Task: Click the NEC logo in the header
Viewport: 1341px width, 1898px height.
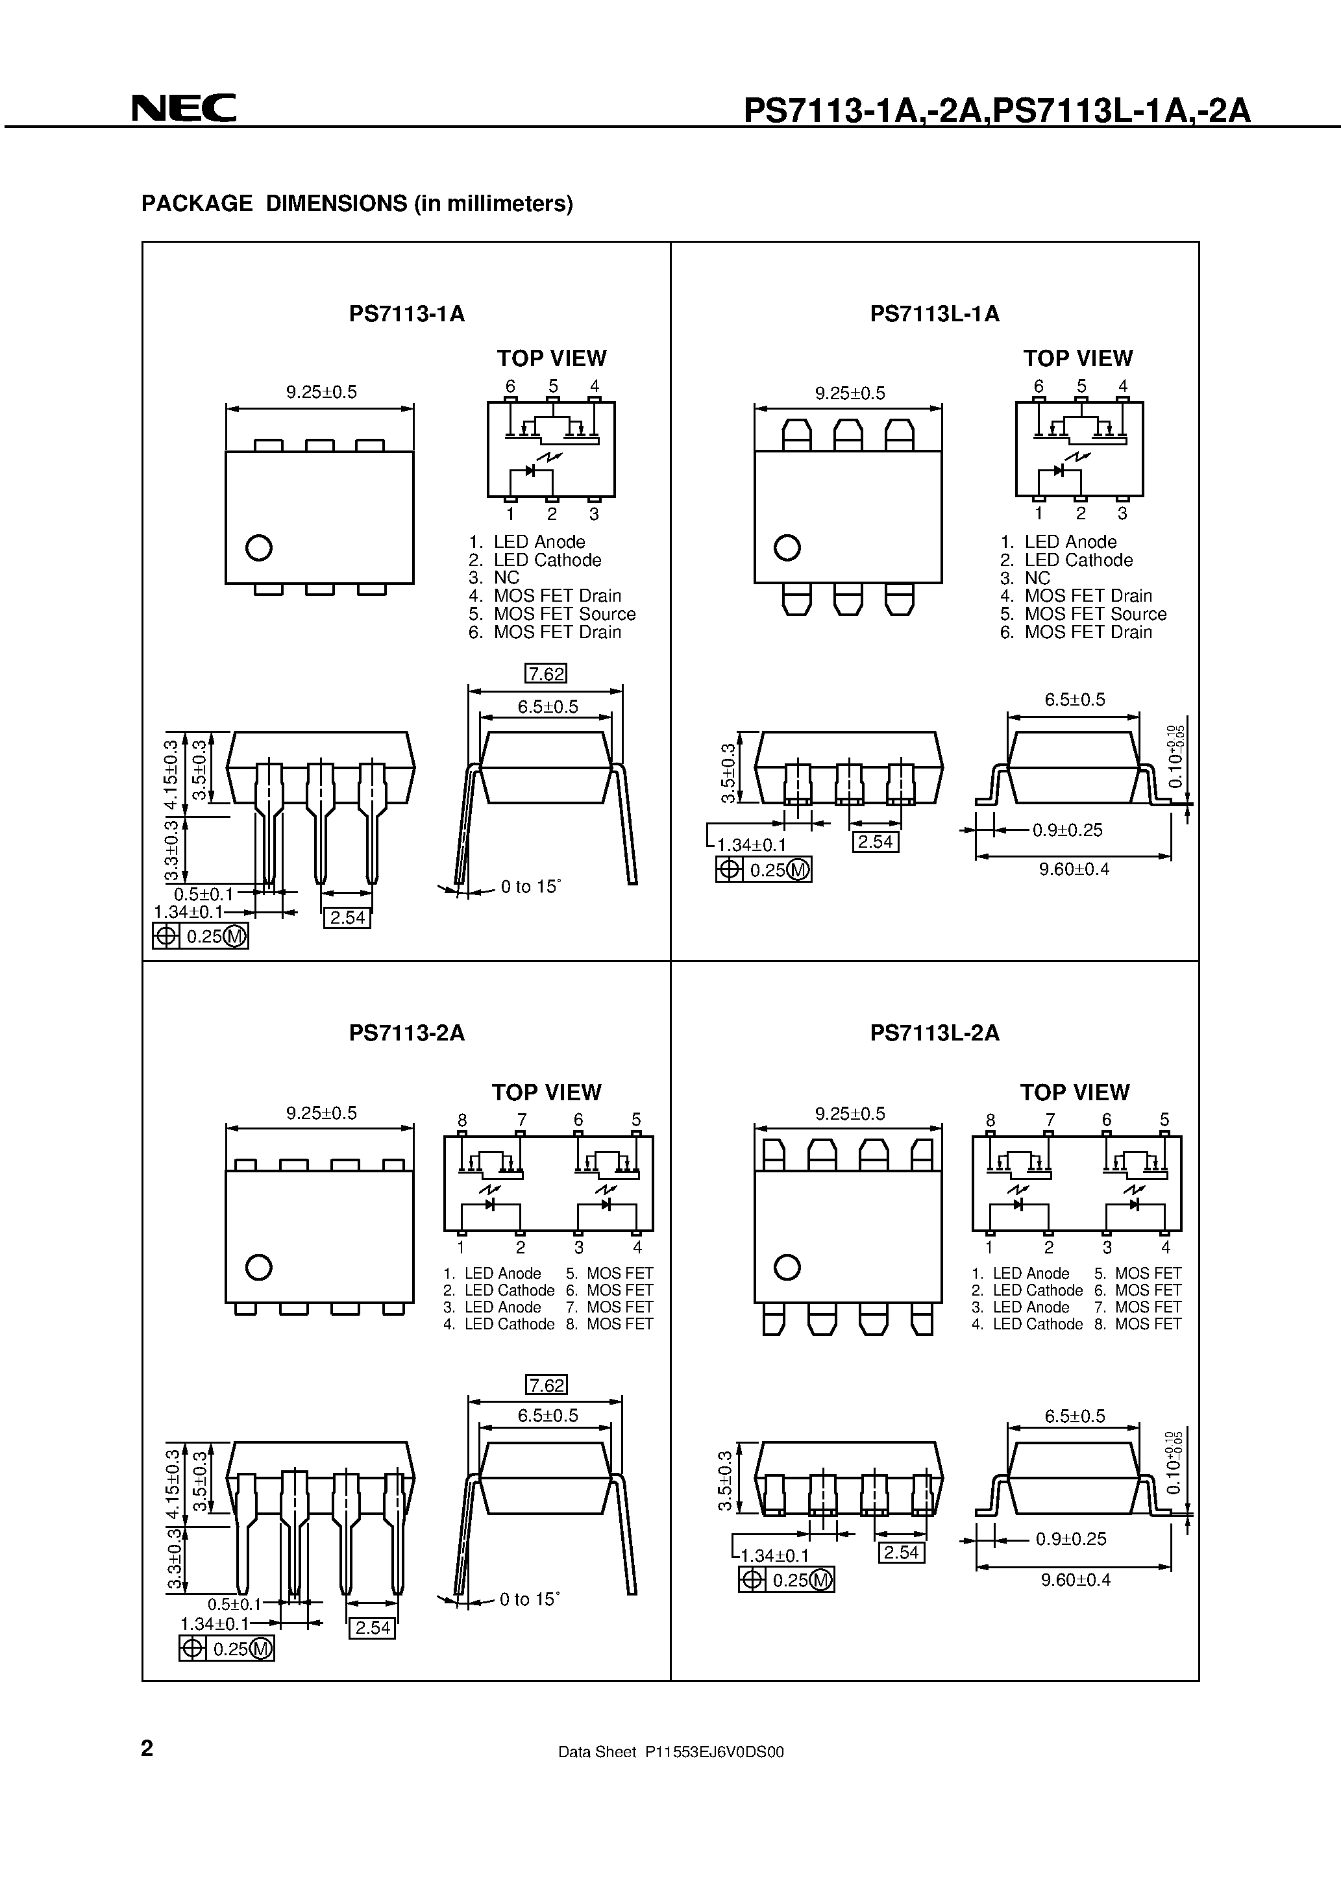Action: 184,108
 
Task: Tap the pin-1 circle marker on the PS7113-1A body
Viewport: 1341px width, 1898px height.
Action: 259,547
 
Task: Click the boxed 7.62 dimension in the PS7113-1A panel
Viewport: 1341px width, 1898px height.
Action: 546,674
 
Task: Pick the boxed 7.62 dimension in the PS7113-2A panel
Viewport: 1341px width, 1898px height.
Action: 547,1385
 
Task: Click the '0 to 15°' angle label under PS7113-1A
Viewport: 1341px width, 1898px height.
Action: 530,887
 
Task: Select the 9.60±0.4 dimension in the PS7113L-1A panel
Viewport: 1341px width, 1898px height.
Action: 1074,869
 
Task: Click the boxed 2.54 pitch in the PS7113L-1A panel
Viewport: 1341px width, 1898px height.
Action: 875,841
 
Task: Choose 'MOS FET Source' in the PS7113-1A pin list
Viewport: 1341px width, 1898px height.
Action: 564,614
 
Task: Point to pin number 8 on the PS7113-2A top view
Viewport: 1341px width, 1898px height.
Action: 462,1121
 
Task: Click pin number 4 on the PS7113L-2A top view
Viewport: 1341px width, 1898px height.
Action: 1165,1248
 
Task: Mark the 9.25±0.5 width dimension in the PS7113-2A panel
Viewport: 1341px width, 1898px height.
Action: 321,1113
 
